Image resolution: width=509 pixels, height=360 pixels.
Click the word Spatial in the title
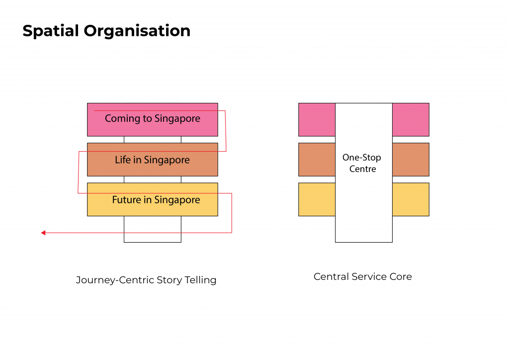[51, 31]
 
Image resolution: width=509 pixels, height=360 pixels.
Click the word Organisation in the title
[137, 31]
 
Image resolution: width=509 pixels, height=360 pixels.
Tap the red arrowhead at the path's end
[43, 233]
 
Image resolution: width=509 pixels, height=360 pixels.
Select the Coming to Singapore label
[153, 119]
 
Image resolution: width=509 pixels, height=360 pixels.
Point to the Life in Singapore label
[152, 160]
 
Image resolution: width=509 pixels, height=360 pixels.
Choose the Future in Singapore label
[156, 200]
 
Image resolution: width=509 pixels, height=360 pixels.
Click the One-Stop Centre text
[362, 163]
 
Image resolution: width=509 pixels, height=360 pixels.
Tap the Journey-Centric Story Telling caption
[146, 280]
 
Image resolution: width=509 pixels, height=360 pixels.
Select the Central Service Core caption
[362, 276]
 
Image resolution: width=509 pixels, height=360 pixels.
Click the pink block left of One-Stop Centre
[317, 120]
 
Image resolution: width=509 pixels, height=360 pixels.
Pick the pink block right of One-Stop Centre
[411, 120]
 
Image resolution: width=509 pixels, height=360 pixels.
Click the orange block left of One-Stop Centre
[317, 160]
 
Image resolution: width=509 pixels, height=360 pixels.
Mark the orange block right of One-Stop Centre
[411, 160]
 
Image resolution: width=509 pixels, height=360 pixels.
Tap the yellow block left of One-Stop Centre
[317, 199]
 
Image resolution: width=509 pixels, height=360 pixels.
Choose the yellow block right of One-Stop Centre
[411, 199]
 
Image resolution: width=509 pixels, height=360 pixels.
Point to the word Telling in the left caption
[201, 280]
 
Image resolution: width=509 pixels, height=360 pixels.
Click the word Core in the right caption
[401, 276]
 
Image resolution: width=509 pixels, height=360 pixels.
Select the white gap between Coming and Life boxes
[153, 140]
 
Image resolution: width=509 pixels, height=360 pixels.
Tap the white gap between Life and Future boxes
[153, 180]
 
